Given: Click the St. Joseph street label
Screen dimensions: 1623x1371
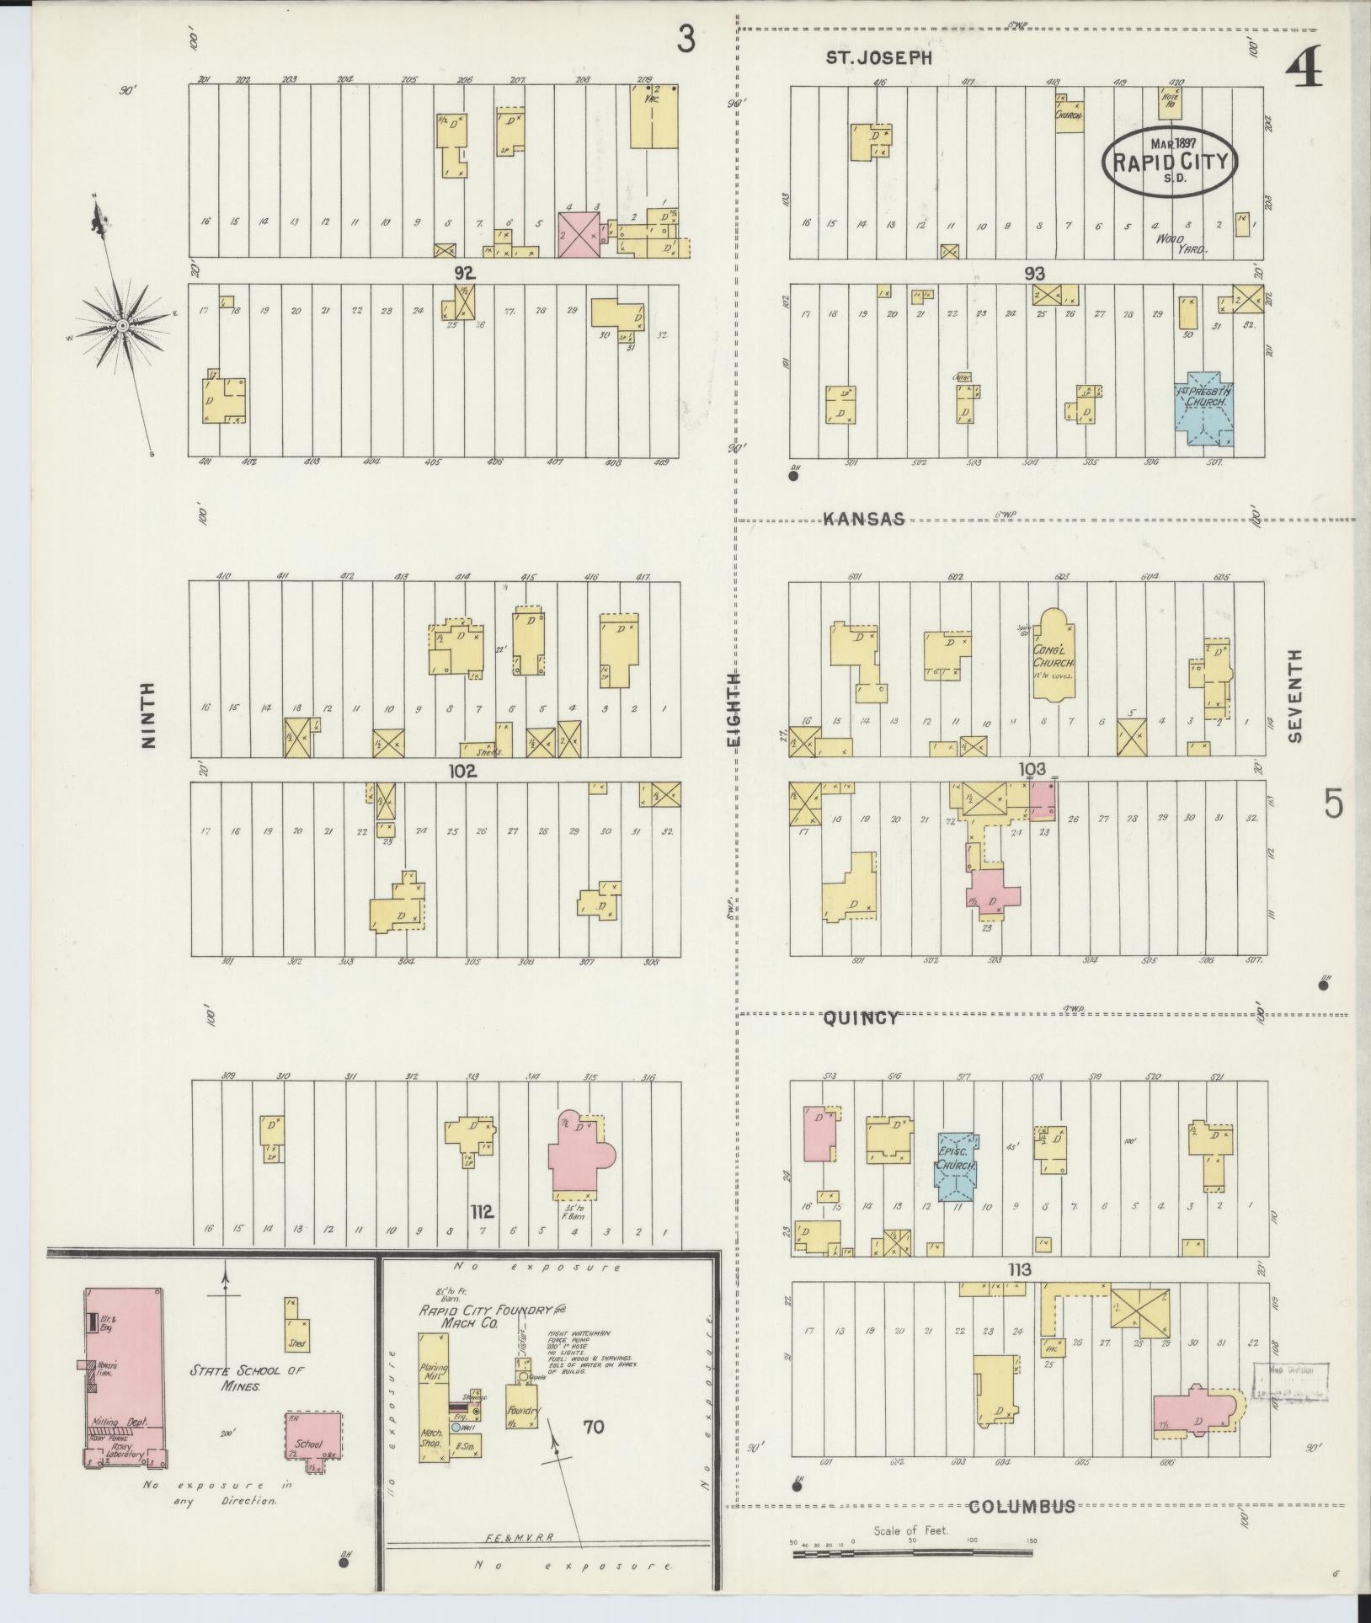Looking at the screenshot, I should point(878,58).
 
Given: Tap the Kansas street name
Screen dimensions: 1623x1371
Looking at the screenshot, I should point(865,519).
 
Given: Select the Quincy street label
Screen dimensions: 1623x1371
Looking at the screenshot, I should point(861,1017).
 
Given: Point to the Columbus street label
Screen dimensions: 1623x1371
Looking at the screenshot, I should point(1022,1506).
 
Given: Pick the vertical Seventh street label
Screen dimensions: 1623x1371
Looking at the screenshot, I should point(1294,696).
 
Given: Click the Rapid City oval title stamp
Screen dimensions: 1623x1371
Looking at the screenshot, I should point(1170,162).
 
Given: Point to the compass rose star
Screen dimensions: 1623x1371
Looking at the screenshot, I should point(123,325).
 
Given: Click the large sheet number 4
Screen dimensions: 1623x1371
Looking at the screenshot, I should point(1304,66).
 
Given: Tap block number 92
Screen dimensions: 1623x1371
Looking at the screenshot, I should point(464,273).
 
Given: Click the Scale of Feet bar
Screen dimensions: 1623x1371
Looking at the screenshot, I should point(913,1553).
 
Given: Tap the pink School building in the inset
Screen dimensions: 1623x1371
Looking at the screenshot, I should point(314,1441).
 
